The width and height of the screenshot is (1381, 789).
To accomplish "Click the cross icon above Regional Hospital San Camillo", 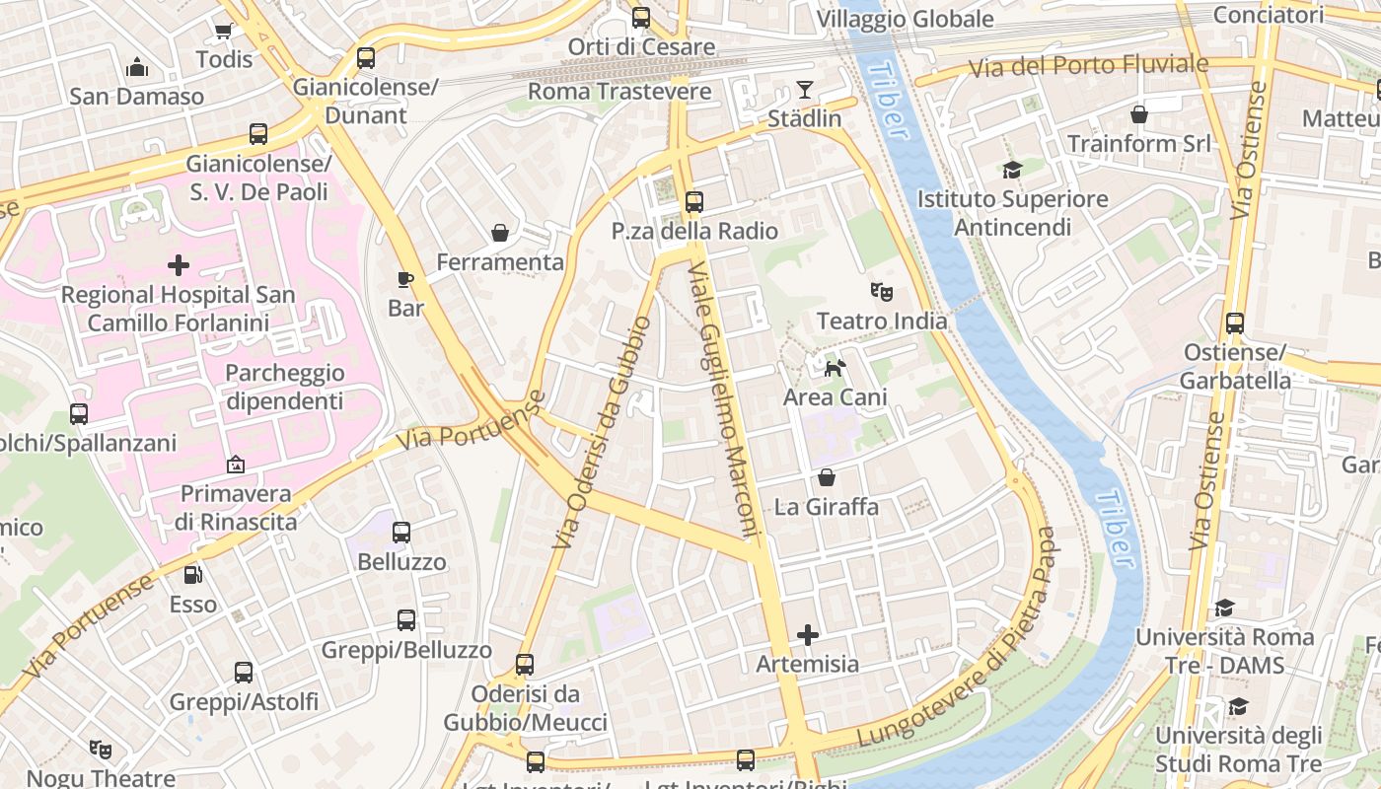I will [179, 265].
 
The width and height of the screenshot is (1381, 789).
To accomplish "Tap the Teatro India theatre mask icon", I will [881, 291].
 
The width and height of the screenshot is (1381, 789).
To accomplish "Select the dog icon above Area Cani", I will [835, 368].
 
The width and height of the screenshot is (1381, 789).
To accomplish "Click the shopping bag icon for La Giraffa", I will [827, 477].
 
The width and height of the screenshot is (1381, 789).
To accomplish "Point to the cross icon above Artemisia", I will [808, 634].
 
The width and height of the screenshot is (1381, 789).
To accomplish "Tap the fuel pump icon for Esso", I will [193, 574].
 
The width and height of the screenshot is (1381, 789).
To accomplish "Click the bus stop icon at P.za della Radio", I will [694, 201].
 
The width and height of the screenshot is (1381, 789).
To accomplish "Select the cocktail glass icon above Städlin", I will [805, 90].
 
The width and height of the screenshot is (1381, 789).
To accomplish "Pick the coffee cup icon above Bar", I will [404, 279].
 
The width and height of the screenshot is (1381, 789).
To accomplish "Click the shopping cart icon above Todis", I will [224, 30].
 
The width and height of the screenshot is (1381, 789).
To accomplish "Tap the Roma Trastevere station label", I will [619, 92].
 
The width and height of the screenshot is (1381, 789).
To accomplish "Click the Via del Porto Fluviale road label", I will [1088, 66].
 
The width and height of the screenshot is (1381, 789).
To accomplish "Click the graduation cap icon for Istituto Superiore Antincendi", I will [1012, 170].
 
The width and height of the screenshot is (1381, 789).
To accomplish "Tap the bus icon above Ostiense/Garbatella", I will [1235, 323].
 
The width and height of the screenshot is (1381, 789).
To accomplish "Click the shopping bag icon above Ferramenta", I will [500, 233].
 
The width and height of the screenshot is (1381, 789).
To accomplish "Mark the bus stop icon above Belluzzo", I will [401, 533].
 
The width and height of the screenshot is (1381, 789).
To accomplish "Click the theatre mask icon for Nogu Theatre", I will [101, 750].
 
